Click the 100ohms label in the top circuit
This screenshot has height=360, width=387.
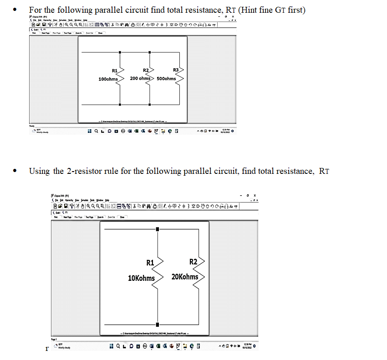click(108, 79)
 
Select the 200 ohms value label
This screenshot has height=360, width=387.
click(141, 78)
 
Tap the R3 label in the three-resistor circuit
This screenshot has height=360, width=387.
click(176, 70)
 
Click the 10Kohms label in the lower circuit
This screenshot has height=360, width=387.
click(141, 278)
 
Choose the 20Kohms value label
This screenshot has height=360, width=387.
click(185, 277)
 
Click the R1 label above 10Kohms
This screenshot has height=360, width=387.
click(150, 263)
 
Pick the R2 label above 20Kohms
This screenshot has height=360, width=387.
click(193, 262)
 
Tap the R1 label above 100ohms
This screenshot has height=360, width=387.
click(115, 71)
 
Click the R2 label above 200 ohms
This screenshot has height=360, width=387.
click(146, 70)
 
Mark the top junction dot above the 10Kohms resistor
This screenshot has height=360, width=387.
click(158, 229)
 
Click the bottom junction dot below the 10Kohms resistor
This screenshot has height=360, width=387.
click(158, 325)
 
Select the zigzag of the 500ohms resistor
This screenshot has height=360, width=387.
click(181, 78)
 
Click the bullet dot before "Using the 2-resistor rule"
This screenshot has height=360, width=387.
click(16, 172)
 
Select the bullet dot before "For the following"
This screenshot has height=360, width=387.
click(16, 10)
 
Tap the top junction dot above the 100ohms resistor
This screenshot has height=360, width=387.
click(119, 52)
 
